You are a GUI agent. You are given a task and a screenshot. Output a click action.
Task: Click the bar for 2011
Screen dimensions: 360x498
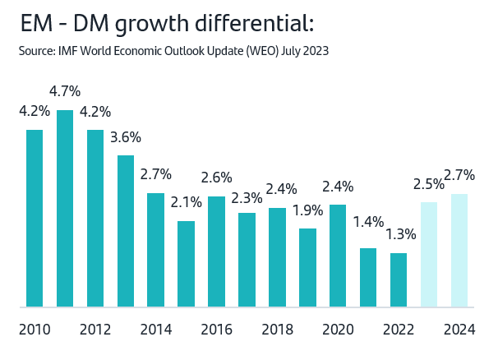point(65,209)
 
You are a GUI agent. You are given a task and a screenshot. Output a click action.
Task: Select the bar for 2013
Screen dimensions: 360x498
point(126,231)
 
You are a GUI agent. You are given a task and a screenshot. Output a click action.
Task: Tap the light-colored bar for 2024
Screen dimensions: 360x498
point(459,251)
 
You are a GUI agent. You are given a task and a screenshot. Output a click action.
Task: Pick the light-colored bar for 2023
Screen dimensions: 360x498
point(429,255)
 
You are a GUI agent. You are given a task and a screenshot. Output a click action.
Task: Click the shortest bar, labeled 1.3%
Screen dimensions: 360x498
point(399,280)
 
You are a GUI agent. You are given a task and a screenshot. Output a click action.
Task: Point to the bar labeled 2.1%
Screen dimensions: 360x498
point(187,264)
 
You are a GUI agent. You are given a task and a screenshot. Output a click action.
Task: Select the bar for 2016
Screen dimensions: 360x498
point(217,252)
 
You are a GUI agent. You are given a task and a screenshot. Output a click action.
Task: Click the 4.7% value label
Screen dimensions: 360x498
point(65,90)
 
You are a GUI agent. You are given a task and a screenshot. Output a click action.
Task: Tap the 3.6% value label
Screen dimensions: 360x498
point(126,136)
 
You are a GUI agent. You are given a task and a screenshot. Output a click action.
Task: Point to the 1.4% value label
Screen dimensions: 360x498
point(368,221)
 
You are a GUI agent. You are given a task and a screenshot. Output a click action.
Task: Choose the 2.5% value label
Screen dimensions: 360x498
point(429,183)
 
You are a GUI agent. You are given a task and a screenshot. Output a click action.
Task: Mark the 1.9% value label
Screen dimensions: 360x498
point(307,209)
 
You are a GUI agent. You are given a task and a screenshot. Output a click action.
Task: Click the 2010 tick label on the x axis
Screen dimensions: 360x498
point(35,330)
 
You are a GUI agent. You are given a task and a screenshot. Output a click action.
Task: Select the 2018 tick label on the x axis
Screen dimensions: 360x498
point(277,330)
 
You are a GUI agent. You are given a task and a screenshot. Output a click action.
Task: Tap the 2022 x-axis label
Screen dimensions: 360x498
point(399,330)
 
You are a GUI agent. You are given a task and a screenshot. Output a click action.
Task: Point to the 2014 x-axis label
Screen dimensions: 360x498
point(156,330)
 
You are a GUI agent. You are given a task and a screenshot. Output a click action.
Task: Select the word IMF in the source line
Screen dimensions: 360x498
point(67,52)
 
